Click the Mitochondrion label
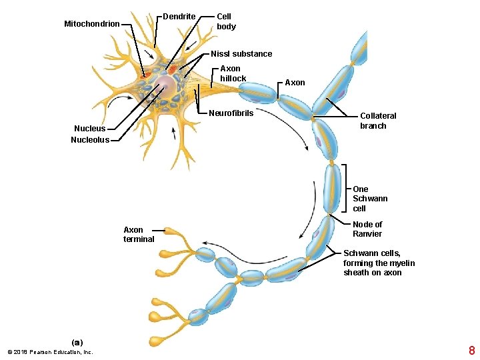pyautogui.click(x=91, y=24)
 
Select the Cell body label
pyautogui.click(x=226, y=21)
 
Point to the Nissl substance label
pyautogui.click(x=241, y=54)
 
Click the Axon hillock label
pyautogui.click(x=233, y=73)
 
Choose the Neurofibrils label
pyautogui.click(x=231, y=113)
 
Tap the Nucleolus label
pyautogui.click(x=89, y=140)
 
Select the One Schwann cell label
pyautogui.click(x=369, y=199)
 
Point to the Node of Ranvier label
pyautogui.click(x=367, y=229)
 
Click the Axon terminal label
pyautogui.click(x=139, y=235)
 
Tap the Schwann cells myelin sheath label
pyautogui.click(x=379, y=263)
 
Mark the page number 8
pyautogui.click(x=471, y=351)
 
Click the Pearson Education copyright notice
pyautogui.click(x=50, y=352)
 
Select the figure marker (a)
pyautogui.click(x=77, y=343)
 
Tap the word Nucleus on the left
pyautogui.click(x=89, y=129)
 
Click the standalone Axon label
pyautogui.click(x=295, y=83)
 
